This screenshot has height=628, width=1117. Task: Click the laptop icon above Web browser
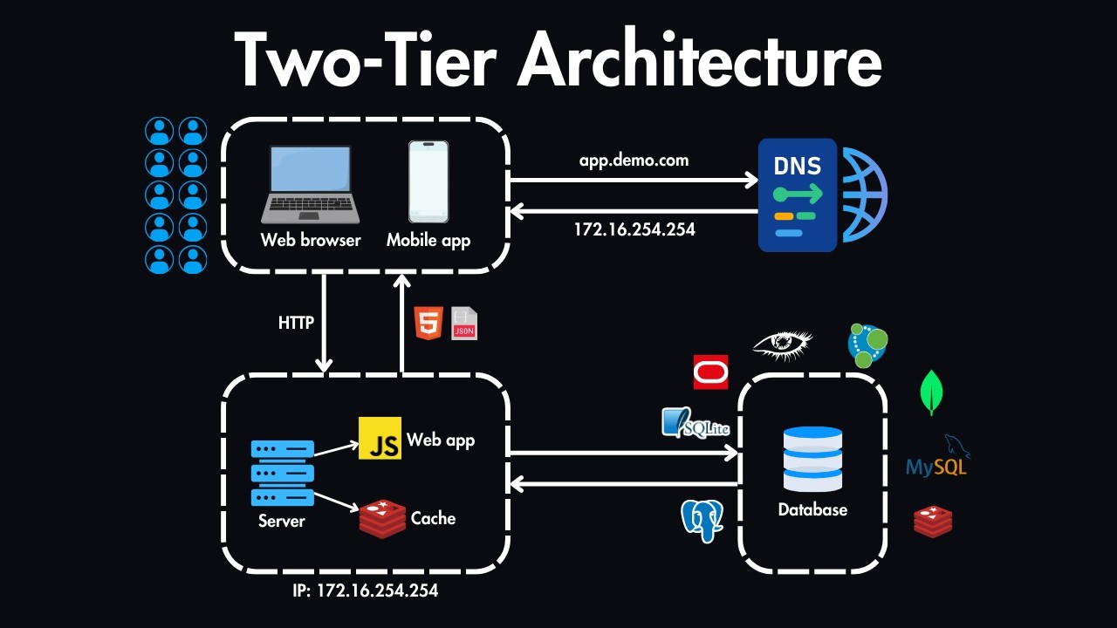pyautogui.click(x=311, y=184)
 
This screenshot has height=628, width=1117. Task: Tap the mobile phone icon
pyautogui.click(x=428, y=181)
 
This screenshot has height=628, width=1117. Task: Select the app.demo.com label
pyautogui.click(x=634, y=160)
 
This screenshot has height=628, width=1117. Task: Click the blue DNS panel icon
pyautogui.click(x=797, y=195)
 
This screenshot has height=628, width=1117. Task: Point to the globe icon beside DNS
pyautogui.click(x=864, y=195)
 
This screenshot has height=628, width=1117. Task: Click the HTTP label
pyautogui.click(x=296, y=323)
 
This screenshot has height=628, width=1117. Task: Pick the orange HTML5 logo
pyautogui.click(x=428, y=323)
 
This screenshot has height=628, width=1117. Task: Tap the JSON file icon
pyautogui.click(x=464, y=323)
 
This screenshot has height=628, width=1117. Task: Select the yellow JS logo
pyautogui.click(x=380, y=438)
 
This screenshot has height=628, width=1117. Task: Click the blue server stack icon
pyautogui.click(x=282, y=473)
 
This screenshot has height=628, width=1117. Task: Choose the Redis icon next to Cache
pyautogui.click(x=382, y=519)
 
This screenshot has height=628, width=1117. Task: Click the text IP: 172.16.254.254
pyautogui.click(x=366, y=591)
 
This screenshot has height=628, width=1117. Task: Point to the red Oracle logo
pyautogui.click(x=710, y=372)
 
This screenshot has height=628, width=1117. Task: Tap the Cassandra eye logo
pyautogui.click(x=783, y=344)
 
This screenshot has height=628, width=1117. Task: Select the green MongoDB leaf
pyautogui.click(x=932, y=392)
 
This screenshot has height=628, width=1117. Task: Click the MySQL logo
pyautogui.click(x=937, y=460)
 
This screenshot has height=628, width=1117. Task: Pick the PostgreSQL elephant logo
pyautogui.click(x=702, y=520)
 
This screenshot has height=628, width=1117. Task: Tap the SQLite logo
pyautogui.click(x=695, y=423)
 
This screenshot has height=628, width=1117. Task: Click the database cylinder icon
pyautogui.click(x=812, y=459)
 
